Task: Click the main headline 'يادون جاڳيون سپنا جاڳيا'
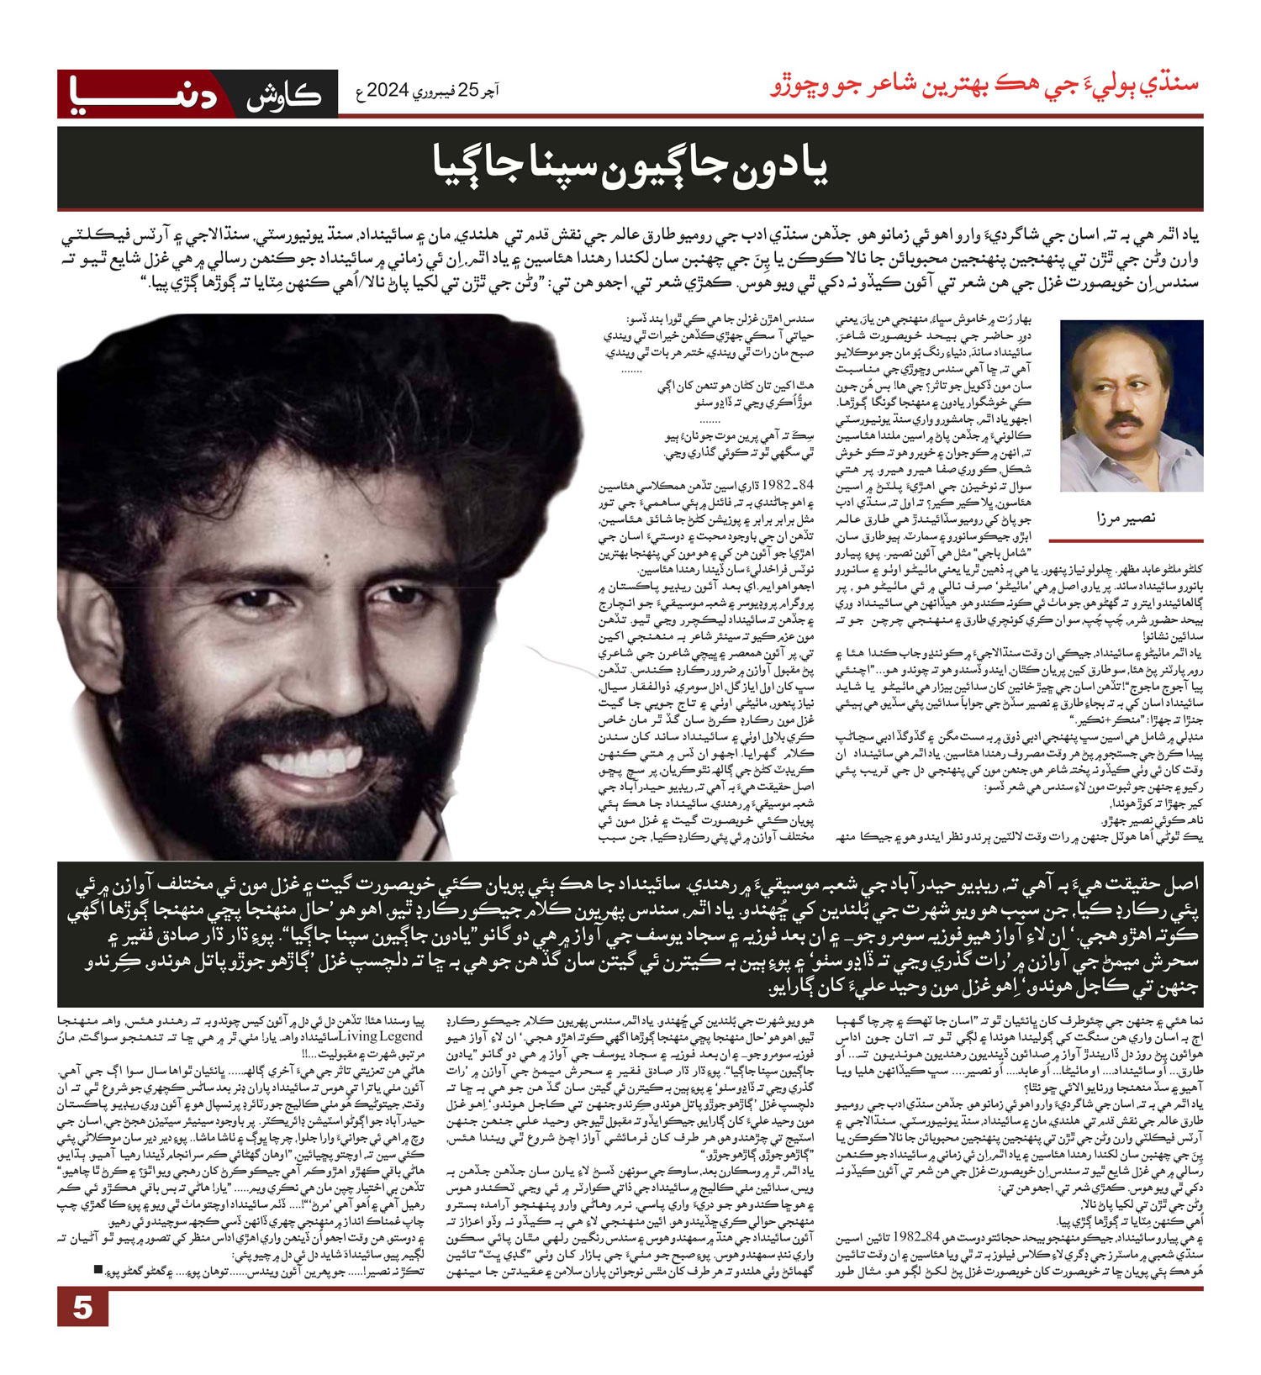tap(630, 166)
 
